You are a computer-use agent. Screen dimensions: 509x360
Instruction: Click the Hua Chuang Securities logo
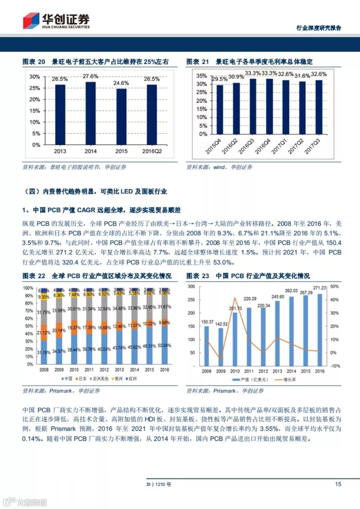56,21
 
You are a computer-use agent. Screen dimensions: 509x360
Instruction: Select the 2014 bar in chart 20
91,113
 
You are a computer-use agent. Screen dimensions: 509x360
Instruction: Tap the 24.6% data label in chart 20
121,83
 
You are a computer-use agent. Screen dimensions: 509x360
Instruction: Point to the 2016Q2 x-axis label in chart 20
152,151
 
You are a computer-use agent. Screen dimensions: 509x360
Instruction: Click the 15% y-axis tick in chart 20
35,111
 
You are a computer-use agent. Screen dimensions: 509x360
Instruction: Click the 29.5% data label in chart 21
220,79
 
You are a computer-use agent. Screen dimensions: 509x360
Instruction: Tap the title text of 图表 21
249,62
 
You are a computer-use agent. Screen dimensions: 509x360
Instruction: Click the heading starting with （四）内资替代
95,191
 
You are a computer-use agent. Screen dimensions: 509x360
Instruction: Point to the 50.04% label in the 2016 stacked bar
164,346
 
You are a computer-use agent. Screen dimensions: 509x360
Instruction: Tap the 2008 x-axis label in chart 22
44,370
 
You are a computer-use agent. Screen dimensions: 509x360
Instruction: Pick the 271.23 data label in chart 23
320,288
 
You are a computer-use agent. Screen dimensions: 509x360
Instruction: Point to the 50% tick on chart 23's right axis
334,287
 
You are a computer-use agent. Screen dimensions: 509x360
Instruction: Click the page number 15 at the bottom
338,484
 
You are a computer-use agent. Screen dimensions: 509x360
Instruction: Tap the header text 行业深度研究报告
319,28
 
